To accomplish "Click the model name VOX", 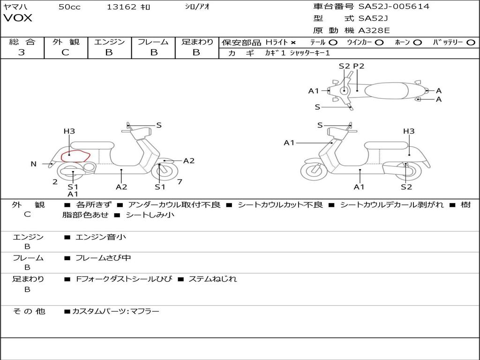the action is (x=18, y=18).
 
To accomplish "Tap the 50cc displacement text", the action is (x=69, y=7).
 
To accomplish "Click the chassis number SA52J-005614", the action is (x=394, y=7).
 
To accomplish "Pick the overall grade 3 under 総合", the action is (x=22, y=52).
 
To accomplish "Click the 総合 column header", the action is (x=22, y=42).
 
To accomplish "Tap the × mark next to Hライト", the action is (x=293, y=42).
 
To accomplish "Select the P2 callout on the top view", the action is (x=359, y=66).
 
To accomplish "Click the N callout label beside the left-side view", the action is (x=34, y=164).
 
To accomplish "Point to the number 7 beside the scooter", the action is (x=180, y=182).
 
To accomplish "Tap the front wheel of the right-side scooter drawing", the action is (x=314, y=171).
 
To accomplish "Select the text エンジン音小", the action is (x=101, y=237).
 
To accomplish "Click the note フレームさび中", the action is (x=103, y=258).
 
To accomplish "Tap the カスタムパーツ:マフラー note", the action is (x=115, y=311).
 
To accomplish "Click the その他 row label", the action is (x=29, y=311).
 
